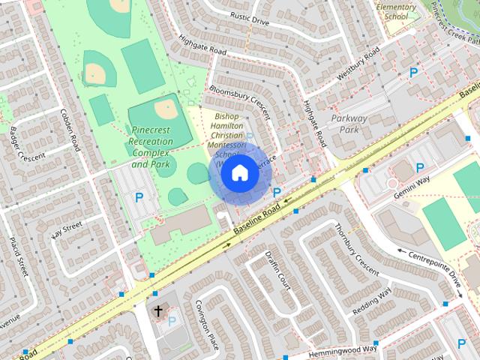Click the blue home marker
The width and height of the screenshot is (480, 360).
pos(239,172)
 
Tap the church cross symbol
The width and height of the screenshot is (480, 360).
pos(158,309)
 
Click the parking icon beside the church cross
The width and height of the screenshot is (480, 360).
pos(172,321)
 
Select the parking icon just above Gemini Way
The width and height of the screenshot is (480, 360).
pos(420,168)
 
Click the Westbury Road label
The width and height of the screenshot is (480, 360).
pos(355,62)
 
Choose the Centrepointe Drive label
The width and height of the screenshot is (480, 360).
pos(435,266)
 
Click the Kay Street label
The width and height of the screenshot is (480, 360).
pos(66,229)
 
